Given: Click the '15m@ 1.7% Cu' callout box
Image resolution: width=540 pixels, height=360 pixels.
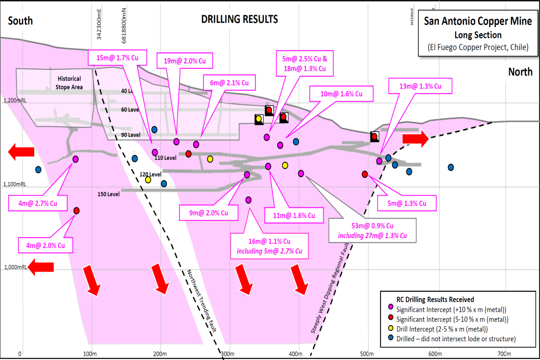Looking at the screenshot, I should pos(117,58).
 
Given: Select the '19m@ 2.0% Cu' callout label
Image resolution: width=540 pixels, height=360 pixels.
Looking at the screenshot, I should pos(184,61).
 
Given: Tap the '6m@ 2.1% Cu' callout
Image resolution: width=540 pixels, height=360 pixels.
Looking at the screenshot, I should pos(229,83).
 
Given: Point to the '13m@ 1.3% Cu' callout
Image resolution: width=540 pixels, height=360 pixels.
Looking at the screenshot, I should pos(420,86).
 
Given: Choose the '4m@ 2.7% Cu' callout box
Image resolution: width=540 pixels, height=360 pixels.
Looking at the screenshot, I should pos(38,203).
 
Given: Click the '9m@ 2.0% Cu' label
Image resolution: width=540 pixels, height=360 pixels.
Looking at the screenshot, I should pos(208,213).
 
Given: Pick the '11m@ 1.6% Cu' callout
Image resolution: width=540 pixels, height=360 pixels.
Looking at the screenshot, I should pos(294,216).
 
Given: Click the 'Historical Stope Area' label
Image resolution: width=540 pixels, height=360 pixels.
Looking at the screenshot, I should pos(69,83).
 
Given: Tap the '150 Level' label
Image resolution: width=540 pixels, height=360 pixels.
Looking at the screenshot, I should pos(109,194).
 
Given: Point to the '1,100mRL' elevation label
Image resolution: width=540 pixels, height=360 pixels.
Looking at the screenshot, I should pos(15,184).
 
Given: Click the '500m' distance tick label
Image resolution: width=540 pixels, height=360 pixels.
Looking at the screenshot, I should pos(367,354).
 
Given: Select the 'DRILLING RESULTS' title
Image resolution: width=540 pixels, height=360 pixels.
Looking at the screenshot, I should pos(240,19).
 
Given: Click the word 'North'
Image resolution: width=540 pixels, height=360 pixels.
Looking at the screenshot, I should pos(520,72).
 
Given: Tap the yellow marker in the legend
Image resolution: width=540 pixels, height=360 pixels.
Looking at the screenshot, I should pos(391,328).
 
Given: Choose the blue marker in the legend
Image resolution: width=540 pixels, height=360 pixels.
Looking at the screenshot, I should pos(391,338).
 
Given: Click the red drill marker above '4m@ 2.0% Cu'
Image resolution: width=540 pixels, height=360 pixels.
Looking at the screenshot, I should pos(76,211).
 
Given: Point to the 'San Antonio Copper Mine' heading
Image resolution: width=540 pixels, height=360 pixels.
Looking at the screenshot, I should pos(478,21).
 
